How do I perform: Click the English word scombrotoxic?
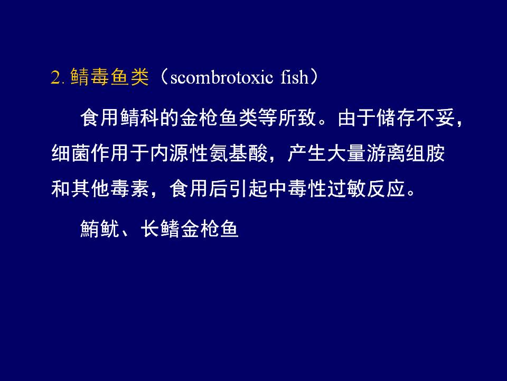click(x=221, y=78)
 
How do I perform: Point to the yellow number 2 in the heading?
click(x=55, y=78)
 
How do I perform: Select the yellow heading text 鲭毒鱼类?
click(x=110, y=77)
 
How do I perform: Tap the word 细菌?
click(x=71, y=153)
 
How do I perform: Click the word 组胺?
click(x=426, y=153)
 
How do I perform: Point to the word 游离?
click(x=386, y=153)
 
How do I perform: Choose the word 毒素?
click(x=130, y=188)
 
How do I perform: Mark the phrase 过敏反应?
click(x=367, y=188)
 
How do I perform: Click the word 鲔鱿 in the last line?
click(x=100, y=229)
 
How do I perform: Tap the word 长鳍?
click(x=160, y=229)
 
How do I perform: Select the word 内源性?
click(x=180, y=153)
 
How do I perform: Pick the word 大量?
click(x=346, y=153)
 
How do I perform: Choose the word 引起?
click(x=248, y=188)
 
